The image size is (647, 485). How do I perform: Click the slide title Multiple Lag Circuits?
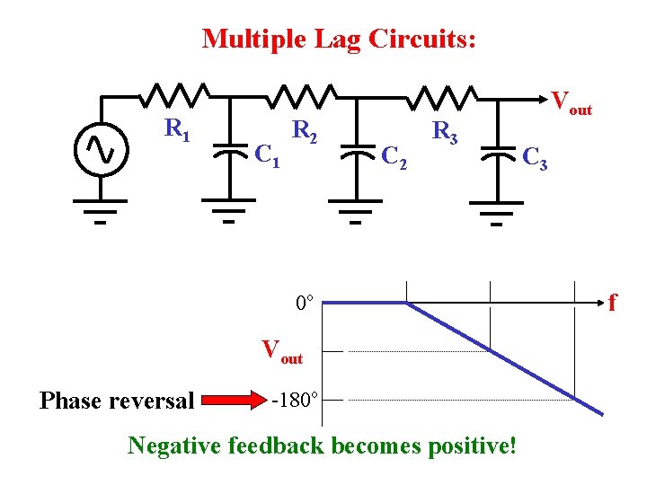click(x=339, y=39)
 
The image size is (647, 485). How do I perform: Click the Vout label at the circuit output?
click(x=572, y=101)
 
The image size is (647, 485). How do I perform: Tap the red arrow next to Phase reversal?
click(x=229, y=399)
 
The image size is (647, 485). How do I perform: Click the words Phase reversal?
click(x=117, y=401)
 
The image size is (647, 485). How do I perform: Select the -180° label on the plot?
click(x=294, y=399)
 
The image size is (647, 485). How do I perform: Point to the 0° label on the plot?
click(x=305, y=303)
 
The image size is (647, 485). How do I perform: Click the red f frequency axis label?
click(x=612, y=302)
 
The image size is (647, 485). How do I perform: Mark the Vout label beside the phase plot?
click(x=281, y=350)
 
